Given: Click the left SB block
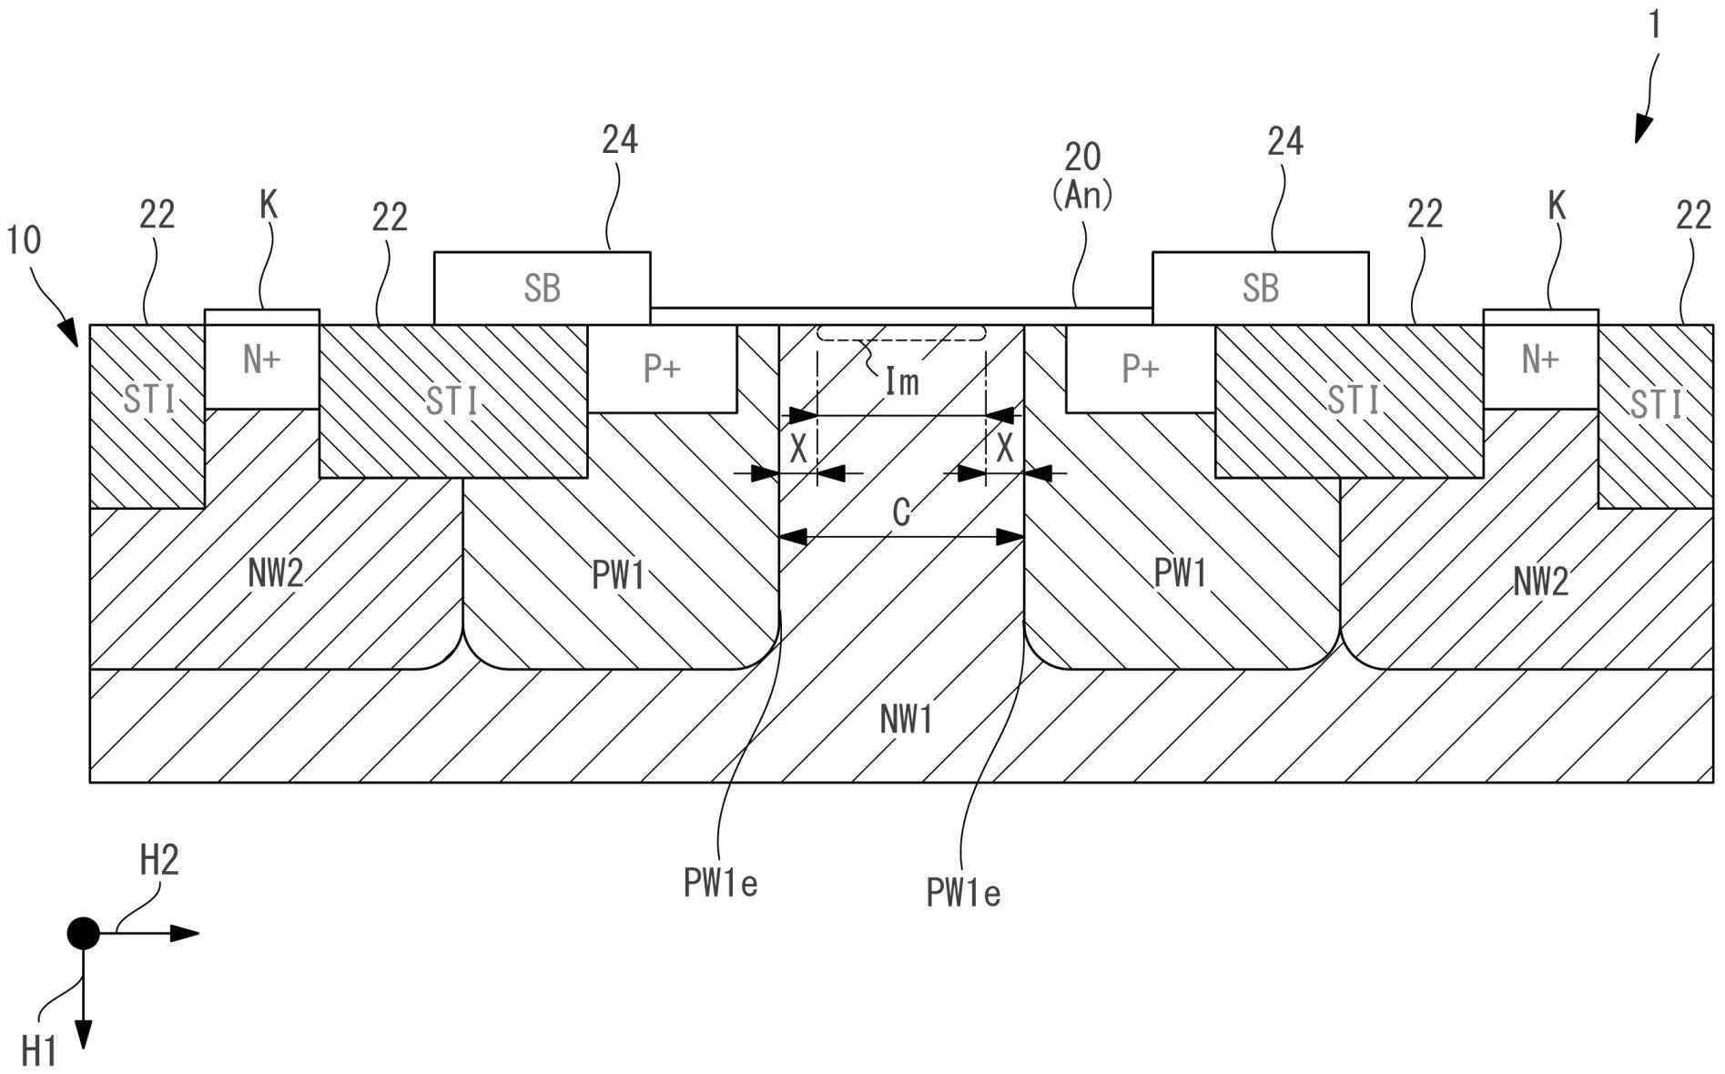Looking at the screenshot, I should (x=542, y=288).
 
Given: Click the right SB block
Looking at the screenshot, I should (x=1260, y=288).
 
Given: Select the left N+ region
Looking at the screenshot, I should (x=261, y=360).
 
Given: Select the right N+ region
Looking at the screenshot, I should (x=1539, y=360).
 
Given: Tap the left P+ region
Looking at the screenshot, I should (x=662, y=369).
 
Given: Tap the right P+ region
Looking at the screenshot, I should (x=1140, y=369).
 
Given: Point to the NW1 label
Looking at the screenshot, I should (x=906, y=721).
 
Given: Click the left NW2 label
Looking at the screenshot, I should (x=275, y=574).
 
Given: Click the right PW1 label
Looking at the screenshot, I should (x=1180, y=574).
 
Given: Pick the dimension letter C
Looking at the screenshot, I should (x=901, y=513).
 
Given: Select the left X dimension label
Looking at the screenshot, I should (x=798, y=449).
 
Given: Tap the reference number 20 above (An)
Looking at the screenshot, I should (x=1082, y=157).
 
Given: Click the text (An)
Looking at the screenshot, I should (x=1082, y=195).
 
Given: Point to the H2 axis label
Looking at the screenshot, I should (x=158, y=860).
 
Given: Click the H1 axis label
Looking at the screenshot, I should (x=39, y=1052).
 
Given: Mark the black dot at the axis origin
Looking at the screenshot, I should (x=84, y=933).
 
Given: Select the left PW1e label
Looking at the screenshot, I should (x=720, y=883).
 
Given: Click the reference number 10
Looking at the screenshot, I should (x=25, y=240).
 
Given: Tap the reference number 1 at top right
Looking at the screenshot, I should (x=1655, y=25).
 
